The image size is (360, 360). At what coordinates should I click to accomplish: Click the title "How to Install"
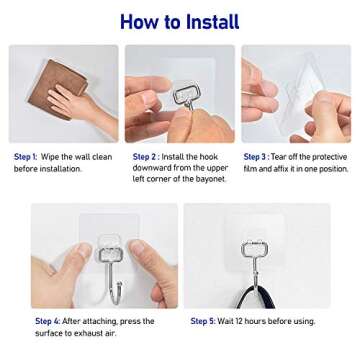(179, 20)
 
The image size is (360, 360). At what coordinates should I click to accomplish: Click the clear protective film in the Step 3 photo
(272, 90)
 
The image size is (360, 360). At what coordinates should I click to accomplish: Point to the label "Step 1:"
(24, 157)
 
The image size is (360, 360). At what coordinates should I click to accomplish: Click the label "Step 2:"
(145, 157)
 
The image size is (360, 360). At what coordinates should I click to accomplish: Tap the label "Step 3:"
(256, 157)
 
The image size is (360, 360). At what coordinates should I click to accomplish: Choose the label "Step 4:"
(48, 321)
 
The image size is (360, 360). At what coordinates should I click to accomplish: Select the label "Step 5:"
(202, 321)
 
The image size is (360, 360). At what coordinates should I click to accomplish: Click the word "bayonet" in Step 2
(208, 179)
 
